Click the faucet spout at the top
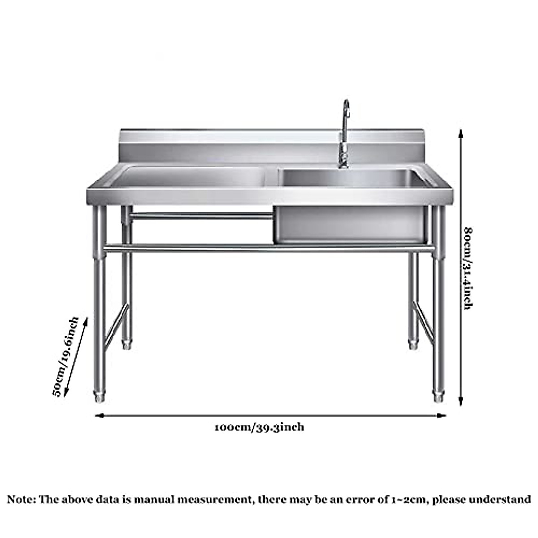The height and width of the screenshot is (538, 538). (x=346, y=104)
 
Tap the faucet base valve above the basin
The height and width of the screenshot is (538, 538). (x=343, y=161)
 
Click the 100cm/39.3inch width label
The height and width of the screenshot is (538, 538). (x=260, y=427)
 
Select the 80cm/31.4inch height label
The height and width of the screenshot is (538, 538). (x=468, y=269)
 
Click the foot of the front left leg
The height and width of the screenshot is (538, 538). (x=99, y=397)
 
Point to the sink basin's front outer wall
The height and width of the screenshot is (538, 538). (x=350, y=224)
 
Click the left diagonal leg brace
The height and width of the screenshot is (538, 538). (x=116, y=326)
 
